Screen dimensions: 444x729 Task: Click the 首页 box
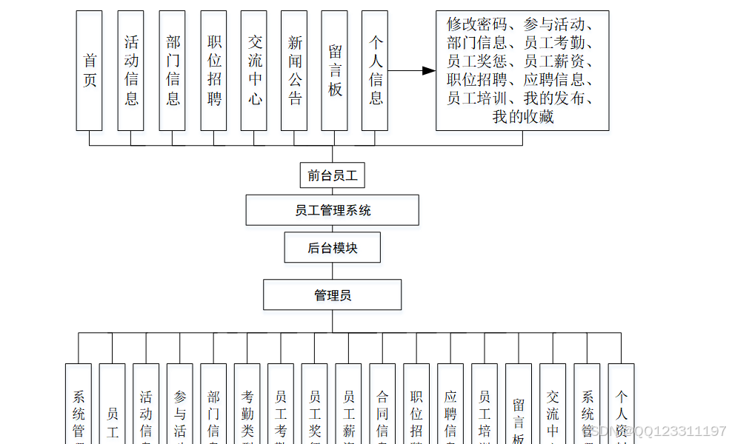pyautogui.click(x=89, y=71)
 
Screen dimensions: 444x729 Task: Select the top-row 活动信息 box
pyautogui.click(x=131, y=71)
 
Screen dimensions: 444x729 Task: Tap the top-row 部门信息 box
pyautogui.click(x=172, y=71)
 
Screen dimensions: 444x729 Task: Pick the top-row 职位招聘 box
pyautogui.click(x=213, y=71)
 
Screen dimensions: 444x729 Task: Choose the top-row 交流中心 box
pyautogui.click(x=254, y=71)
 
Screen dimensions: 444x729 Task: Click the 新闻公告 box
pyautogui.click(x=294, y=71)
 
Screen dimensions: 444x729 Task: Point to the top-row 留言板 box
pyautogui.click(x=334, y=71)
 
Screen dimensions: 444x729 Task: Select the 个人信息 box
pyautogui.click(x=375, y=71)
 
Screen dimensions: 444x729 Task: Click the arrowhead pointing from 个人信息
pyautogui.click(x=428, y=71)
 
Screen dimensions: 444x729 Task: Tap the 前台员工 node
pyautogui.click(x=332, y=175)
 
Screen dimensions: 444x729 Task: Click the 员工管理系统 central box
pyautogui.click(x=332, y=210)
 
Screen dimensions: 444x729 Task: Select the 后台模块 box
pyautogui.click(x=332, y=248)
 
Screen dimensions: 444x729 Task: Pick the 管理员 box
pyautogui.click(x=332, y=295)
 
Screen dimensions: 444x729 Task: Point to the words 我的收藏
pyautogui.click(x=522, y=116)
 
